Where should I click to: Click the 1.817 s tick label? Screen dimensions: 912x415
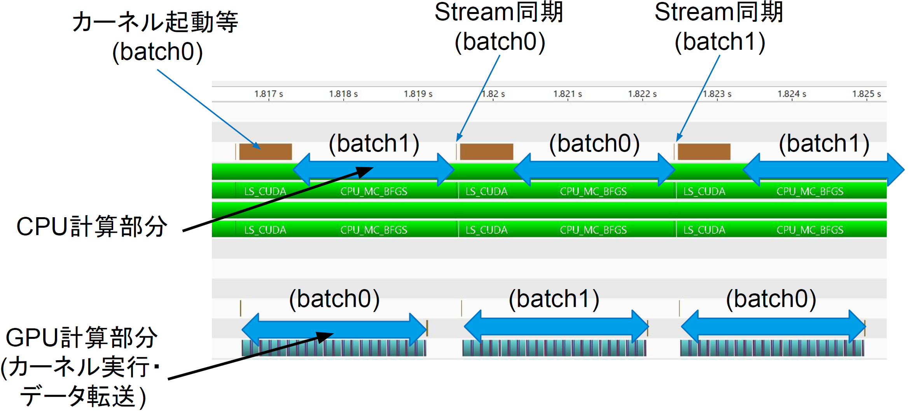[x=269, y=94]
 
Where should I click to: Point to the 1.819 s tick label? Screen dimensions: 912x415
[x=418, y=94]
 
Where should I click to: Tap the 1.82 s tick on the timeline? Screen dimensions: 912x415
[x=493, y=94]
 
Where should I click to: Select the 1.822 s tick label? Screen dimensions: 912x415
[x=643, y=94]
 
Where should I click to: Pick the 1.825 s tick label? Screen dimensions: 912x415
[x=867, y=94]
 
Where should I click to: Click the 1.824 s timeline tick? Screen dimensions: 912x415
[x=792, y=94]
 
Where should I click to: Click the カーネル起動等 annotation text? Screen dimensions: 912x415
[x=155, y=22]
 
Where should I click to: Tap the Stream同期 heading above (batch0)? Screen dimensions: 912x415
[x=499, y=12]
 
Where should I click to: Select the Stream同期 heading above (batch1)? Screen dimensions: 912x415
[x=719, y=12]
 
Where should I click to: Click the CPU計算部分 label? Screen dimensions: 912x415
[x=92, y=226]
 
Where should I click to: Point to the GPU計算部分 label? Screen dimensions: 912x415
[x=82, y=337]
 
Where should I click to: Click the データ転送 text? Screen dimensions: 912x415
[x=77, y=396]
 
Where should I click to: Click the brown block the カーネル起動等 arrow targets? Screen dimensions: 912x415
[x=266, y=152]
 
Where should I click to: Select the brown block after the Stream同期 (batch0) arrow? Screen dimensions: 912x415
[x=486, y=152]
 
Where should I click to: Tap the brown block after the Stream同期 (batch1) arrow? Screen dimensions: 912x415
[x=704, y=152]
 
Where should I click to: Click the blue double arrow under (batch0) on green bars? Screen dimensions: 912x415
[x=594, y=170]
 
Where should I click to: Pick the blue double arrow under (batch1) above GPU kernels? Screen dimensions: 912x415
[x=556, y=327]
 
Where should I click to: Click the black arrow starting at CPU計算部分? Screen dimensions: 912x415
[x=278, y=199]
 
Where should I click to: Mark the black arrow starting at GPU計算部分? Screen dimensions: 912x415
[x=251, y=356]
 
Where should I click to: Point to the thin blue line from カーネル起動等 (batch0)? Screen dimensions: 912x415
[x=209, y=110]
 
